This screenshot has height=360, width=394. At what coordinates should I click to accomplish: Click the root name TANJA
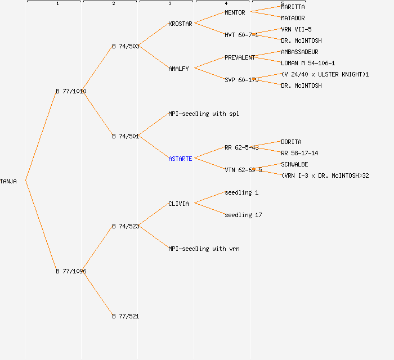coord(8,181)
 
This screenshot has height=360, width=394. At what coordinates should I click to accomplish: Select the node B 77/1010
coord(71,91)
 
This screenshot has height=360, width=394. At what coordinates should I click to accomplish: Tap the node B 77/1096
coord(71,271)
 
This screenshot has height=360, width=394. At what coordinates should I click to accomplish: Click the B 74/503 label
coord(126,46)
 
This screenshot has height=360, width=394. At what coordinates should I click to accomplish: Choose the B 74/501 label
coord(126,136)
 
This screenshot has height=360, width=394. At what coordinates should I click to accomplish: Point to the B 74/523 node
coord(126,226)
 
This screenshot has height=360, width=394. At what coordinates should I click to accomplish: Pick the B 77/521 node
coord(126,316)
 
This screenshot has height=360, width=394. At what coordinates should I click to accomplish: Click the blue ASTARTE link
coord(180,159)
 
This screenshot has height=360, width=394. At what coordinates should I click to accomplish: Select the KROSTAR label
coord(180,24)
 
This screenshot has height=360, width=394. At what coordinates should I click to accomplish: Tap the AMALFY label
coord(179,69)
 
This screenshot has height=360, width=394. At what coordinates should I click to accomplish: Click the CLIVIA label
coord(179,204)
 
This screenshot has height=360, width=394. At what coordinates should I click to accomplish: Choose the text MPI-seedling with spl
coord(204,114)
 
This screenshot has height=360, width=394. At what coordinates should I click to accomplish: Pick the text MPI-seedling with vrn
coord(204,249)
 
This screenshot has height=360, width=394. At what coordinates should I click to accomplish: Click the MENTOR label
coord(235,12)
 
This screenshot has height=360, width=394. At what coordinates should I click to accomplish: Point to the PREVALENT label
coord(240,57)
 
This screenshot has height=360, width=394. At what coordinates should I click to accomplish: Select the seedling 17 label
coord(243,215)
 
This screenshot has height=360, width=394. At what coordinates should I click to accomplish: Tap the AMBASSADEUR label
coord(299,52)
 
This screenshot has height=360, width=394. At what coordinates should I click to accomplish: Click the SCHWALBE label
coord(294,164)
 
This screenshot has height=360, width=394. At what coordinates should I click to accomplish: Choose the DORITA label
coord(291,142)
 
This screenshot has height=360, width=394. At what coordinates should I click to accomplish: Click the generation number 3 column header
coord(169,4)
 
